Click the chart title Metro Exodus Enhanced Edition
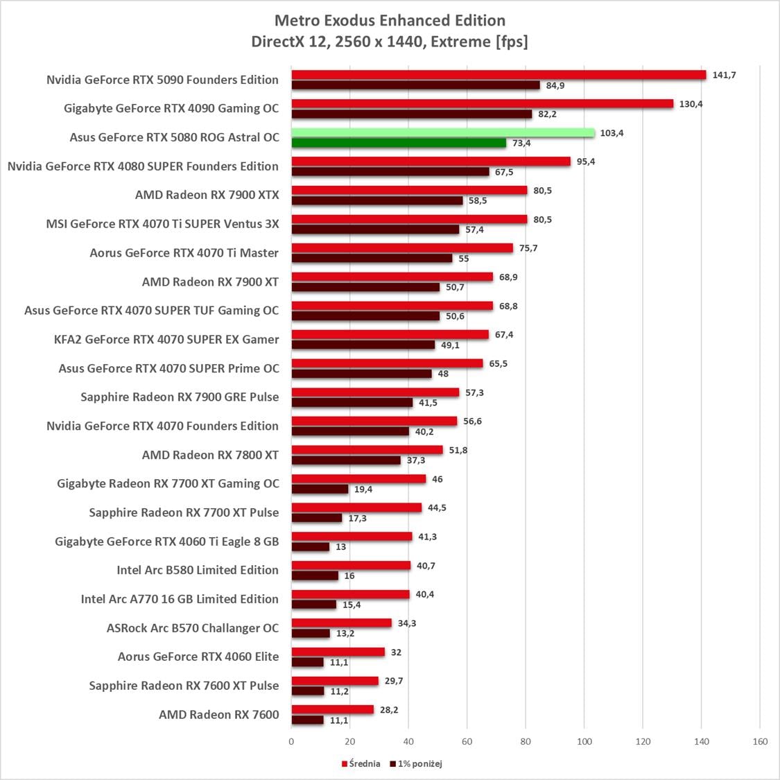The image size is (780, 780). [390, 20]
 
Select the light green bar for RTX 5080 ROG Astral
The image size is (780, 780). [442, 132]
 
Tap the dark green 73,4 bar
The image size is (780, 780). [399, 143]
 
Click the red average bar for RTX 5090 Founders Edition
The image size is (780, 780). [498, 75]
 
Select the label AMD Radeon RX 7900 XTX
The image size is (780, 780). [207, 195]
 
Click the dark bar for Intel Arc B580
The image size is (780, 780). [315, 575]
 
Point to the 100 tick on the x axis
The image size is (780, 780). [584, 741]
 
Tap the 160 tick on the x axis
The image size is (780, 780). [760, 741]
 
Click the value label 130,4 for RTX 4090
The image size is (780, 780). [691, 104]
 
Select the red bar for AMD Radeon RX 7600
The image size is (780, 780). [332, 709]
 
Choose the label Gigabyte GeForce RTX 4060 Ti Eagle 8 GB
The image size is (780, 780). [166, 541]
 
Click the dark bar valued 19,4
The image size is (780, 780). [320, 489]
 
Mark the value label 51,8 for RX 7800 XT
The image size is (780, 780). [458, 450]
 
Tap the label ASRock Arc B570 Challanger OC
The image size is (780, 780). [192, 628]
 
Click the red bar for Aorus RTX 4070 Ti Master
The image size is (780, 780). [402, 248]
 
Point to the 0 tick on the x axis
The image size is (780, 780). [291, 741]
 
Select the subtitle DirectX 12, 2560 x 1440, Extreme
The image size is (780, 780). [390, 42]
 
